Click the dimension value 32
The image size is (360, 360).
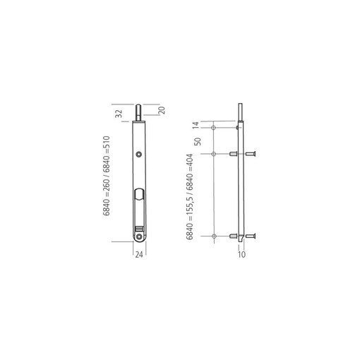119,114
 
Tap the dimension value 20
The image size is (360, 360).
162,110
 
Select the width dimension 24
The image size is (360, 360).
139,255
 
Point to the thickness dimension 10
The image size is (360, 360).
241,254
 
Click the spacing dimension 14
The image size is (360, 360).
196,125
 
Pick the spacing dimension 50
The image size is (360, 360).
198,141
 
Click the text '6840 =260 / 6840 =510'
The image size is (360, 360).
107,176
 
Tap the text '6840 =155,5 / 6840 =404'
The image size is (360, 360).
190,197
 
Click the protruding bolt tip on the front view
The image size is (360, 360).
139,112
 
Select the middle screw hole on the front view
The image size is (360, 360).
139,154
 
